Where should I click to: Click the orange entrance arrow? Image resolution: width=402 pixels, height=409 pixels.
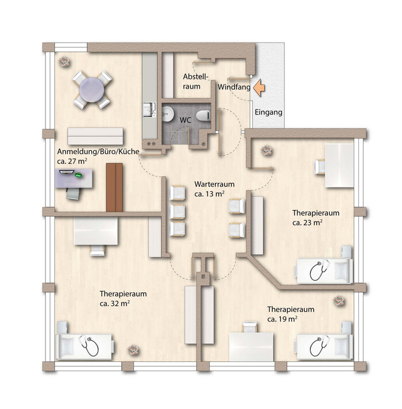pos(259,89)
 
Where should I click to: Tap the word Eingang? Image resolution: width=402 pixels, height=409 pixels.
pos(268,113)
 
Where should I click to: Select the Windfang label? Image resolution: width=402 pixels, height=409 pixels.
pos(234,87)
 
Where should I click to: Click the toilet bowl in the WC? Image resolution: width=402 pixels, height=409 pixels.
pos(203,115)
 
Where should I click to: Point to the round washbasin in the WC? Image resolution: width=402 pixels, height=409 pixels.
pos(168,114)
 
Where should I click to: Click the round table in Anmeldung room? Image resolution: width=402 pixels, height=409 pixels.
pos(92,90)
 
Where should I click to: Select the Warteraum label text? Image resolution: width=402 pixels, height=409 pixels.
pos(214,184)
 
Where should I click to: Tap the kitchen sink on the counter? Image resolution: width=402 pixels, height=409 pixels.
pos(149,109)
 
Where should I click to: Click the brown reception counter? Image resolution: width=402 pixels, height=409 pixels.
pos(114,188)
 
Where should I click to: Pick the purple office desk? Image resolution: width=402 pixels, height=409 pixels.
pos(74,178)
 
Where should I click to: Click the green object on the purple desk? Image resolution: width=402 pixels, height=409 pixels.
pos(79,175)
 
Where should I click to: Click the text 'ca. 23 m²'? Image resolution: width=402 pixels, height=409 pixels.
pos(307,223)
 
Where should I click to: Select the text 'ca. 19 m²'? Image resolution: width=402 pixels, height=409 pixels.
pos(282,319)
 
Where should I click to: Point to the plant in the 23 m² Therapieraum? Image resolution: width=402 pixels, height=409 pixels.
pos(267,151)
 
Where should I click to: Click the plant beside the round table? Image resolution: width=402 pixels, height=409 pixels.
pos(64,62)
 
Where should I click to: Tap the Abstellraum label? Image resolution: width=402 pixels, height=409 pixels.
pos(196,81)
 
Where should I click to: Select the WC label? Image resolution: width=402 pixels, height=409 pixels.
pos(185,120)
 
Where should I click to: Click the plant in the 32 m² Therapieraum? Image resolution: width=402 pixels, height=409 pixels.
pos(133,350)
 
